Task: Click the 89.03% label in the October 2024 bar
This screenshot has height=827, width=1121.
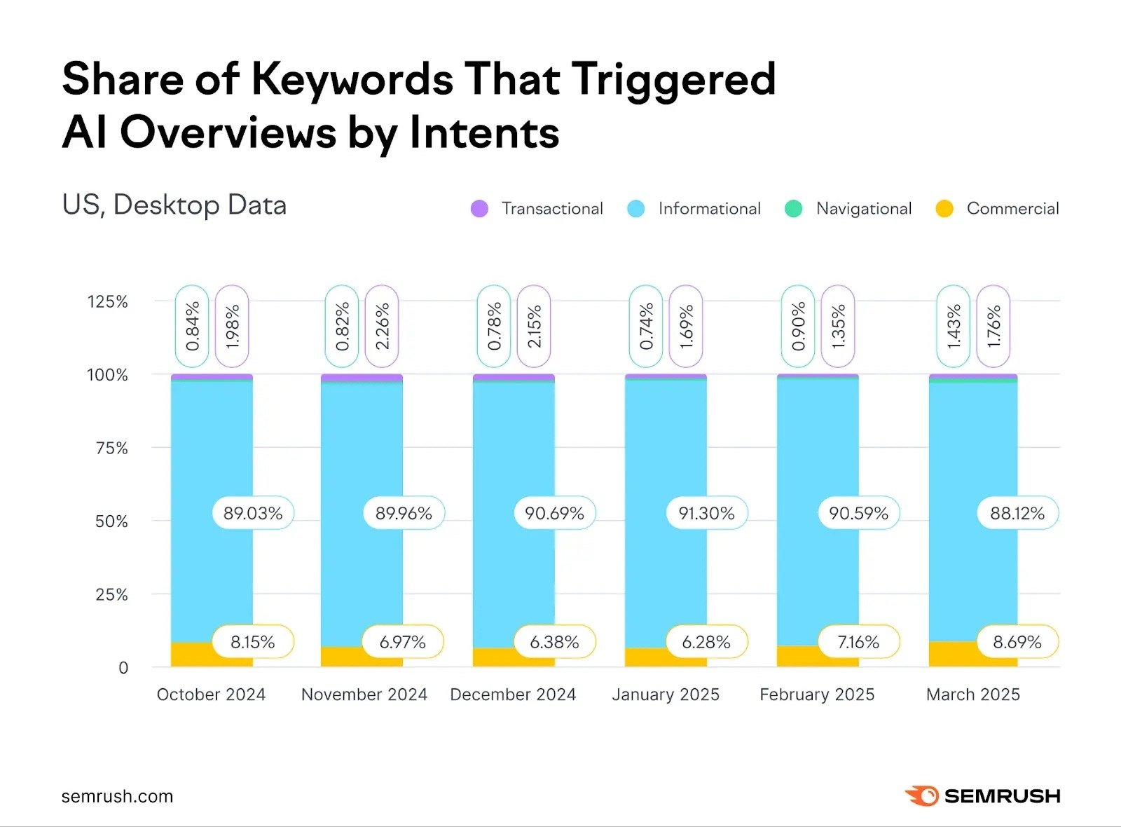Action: (x=253, y=514)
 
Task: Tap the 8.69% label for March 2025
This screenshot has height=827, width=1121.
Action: (x=1017, y=642)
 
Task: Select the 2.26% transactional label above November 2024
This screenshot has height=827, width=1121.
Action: (x=382, y=326)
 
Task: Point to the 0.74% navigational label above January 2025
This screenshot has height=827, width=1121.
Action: (x=646, y=326)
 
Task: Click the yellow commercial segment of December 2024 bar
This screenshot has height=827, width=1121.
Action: (x=494, y=657)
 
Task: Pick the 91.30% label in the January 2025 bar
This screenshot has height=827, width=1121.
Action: (x=706, y=514)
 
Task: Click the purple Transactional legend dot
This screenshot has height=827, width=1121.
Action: (x=479, y=209)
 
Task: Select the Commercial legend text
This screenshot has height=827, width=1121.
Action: (x=1012, y=209)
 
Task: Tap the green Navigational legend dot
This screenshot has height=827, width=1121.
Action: (x=793, y=209)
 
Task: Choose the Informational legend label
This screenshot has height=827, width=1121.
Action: (x=709, y=209)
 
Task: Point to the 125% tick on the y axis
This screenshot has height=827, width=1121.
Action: (x=107, y=302)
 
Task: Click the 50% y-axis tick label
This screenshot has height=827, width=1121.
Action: (x=111, y=521)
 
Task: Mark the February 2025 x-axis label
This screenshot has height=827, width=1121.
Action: (x=817, y=695)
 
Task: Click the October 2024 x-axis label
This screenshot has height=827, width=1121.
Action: (x=211, y=695)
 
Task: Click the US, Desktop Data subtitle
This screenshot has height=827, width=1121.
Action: (x=174, y=205)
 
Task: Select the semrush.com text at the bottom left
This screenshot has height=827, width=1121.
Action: (x=117, y=797)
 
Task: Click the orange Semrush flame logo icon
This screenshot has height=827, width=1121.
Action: (x=921, y=796)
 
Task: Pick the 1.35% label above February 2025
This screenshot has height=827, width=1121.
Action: (x=838, y=326)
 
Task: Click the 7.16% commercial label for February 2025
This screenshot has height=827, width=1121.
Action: (x=858, y=642)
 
